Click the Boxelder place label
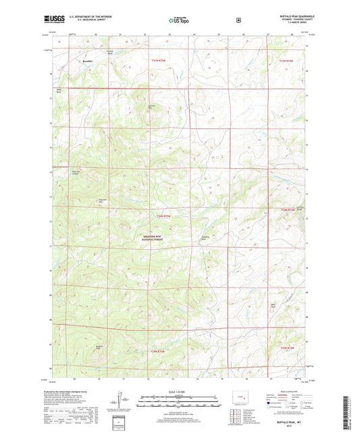click(86, 61)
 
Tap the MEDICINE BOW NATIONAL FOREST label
click(154, 238)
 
